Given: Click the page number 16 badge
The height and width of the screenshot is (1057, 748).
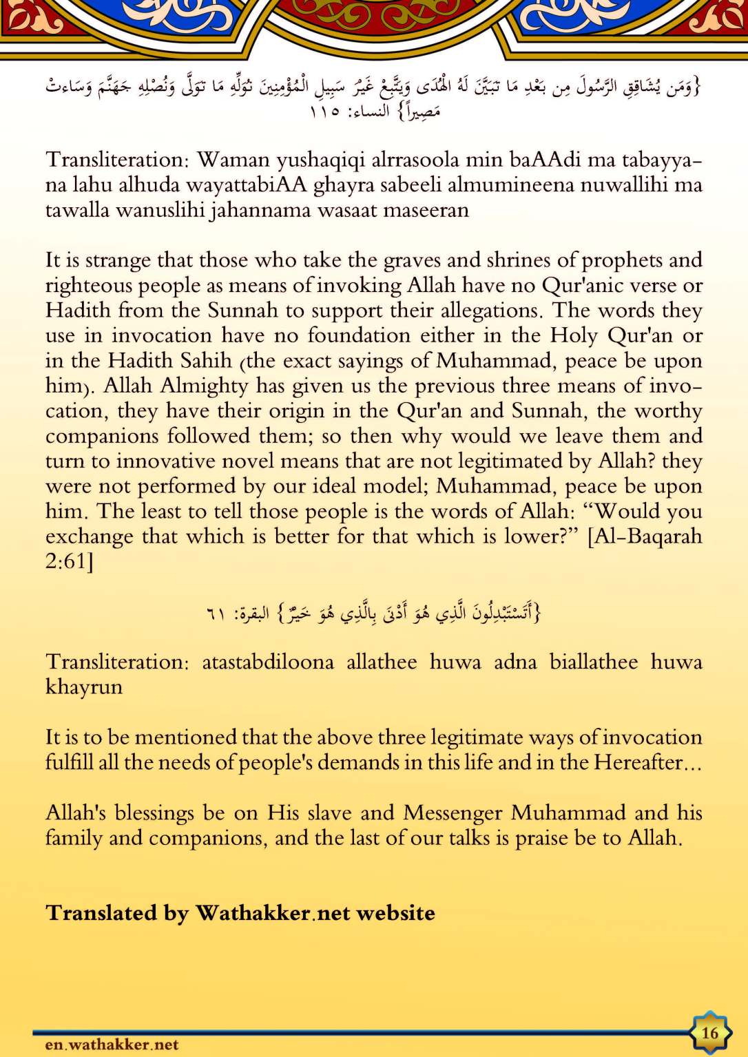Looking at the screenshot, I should click(x=709, y=1032).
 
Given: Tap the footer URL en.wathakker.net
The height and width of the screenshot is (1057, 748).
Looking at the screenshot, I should click(x=112, y=1045).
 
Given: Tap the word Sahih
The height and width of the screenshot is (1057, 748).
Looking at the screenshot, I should click(x=206, y=361).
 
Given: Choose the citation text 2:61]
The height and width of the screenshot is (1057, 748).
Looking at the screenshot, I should click(x=69, y=561).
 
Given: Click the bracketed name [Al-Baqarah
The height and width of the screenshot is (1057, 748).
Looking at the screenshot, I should click(x=644, y=536).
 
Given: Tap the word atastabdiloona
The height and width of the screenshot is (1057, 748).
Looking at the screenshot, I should click(x=268, y=662).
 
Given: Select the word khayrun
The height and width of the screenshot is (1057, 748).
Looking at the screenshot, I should click(x=83, y=687).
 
